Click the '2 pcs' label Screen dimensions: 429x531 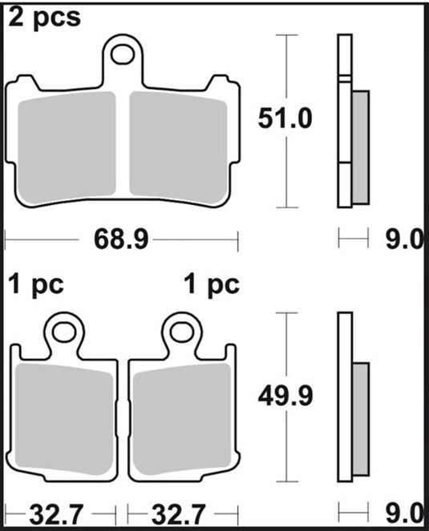[x=44, y=18]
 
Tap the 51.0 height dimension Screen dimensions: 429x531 [x=285, y=119]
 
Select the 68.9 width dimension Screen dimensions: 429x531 [x=121, y=239]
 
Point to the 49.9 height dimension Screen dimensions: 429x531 [x=285, y=396]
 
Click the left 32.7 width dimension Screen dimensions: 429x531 [x=56, y=514]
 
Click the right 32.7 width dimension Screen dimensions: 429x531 [x=178, y=514]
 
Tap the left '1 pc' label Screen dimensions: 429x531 [x=36, y=284]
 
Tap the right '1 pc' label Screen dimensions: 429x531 [x=212, y=284]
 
